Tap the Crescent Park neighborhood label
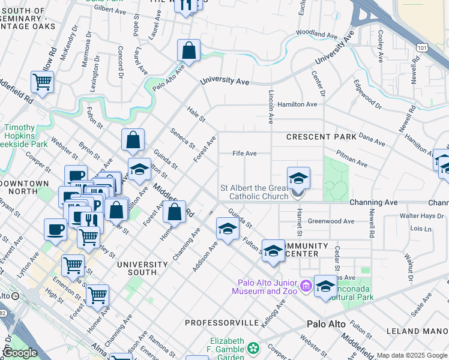coord(321,137)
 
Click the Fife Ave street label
coord(244,154)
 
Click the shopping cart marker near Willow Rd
coord(42,82)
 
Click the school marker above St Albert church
coord(298,179)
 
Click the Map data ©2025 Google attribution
coord(412,356)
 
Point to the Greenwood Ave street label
coord(331,221)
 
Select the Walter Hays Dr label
coord(423,215)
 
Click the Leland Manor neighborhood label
coord(418,331)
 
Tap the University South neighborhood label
coord(142,268)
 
